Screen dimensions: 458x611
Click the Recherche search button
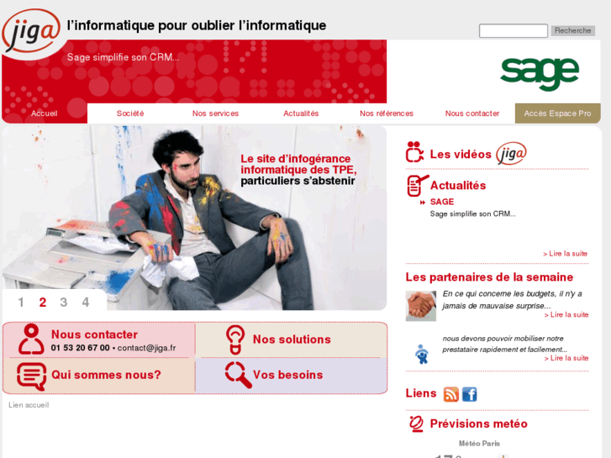[x=572, y=31]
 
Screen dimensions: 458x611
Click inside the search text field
[x=513, y=31]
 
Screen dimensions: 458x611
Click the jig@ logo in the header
[x=31, y=31]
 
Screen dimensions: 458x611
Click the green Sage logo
[x=540, y=73]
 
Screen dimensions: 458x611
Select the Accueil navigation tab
[x=45, y=113]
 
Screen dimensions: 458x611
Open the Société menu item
[x=130, y=113]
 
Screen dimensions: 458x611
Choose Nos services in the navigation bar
[x=215, y=113]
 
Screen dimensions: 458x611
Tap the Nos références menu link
[x=387, y=113]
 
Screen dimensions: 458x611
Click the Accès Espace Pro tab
[x=557, y=113]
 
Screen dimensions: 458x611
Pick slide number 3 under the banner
[x=64, y=303]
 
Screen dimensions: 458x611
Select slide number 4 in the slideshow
[x=85, y=303]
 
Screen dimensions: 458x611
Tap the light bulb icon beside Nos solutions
[x=235, y=340]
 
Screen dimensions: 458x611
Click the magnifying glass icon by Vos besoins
[x=238, y=375]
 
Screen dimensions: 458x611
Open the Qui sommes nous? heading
[x=106, y=375]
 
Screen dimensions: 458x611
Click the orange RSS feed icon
[x=451, y=394]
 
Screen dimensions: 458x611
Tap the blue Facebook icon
[x=469, y=394]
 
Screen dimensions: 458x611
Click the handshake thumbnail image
[x=420, y=306]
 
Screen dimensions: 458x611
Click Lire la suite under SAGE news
[x=566, y=253]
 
